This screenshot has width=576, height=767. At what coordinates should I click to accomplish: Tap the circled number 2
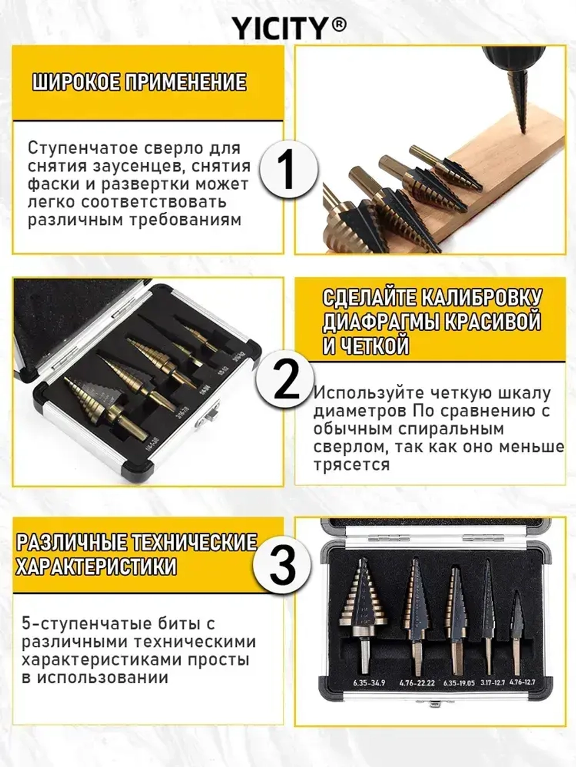point(286,381)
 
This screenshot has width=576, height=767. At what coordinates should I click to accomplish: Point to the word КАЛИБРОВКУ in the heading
point(481,298)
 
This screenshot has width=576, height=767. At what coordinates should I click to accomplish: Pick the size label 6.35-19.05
point(459,683)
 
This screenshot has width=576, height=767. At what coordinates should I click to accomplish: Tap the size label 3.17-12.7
point(492,682)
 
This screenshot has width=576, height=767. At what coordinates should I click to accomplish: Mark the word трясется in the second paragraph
point(351,465)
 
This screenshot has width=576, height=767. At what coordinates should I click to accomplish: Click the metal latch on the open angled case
point(207,417)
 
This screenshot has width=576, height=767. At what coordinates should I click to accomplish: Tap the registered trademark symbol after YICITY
point(340,25)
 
